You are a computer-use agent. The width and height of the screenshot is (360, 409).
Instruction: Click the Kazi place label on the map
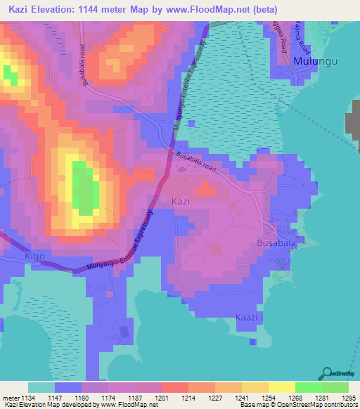coord(181,201)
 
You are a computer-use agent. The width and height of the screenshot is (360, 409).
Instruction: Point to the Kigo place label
coord(35,257)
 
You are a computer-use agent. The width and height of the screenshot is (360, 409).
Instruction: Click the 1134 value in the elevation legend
coord(26,398)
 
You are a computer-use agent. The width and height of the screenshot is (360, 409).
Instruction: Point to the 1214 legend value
coord(188,398)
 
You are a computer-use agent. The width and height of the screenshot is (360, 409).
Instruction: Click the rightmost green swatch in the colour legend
coord(335,387)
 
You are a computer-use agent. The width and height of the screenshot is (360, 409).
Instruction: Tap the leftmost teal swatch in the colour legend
coord(41,387)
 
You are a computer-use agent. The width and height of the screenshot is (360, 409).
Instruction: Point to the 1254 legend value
coord(269,398)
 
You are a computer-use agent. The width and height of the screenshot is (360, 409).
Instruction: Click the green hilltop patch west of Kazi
coord(83,188)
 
